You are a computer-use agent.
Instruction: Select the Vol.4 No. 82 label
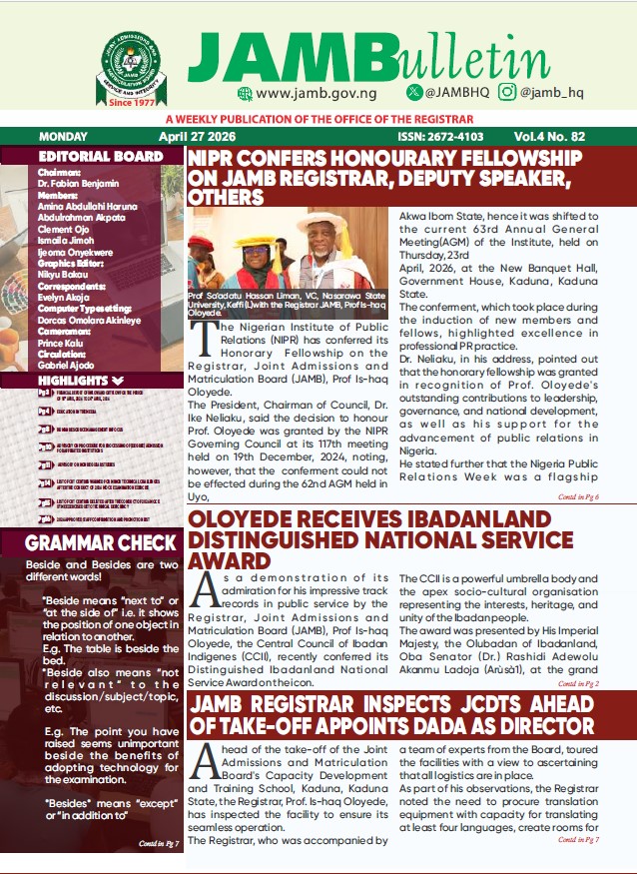(x=564, y=137)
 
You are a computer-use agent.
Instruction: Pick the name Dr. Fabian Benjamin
(x=78, y=183)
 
